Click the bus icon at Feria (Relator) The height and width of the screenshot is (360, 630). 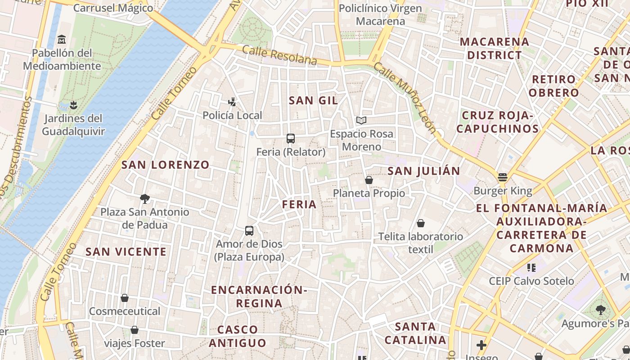tap(291, 139)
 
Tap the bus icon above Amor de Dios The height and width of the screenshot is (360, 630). tap(249, 231)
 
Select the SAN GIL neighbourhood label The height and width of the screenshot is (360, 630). tap(313, 100)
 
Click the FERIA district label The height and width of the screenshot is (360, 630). tap(299, 204)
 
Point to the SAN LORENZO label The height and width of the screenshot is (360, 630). tap(165, 165)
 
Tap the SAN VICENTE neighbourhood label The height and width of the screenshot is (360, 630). tap(126, 252)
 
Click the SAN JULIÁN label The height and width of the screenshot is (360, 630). tap(423, 171)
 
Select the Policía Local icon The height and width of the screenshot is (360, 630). tap(232, 102)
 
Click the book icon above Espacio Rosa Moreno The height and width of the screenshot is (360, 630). tap(361, 120)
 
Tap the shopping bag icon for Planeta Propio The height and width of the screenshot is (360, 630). tap(369, 180)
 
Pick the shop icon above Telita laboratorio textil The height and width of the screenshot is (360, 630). tap(421, 223)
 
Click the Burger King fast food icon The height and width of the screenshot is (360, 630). tap(503, 177)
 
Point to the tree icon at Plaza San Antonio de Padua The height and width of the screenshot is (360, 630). tap(145, 198)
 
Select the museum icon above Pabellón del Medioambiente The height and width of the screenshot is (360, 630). tap(62, 40)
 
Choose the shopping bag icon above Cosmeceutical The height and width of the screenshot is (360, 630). tap(125, 298)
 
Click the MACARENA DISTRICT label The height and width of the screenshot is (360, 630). tap(494, 48)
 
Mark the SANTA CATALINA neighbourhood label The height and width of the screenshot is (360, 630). tap(415, 333)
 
